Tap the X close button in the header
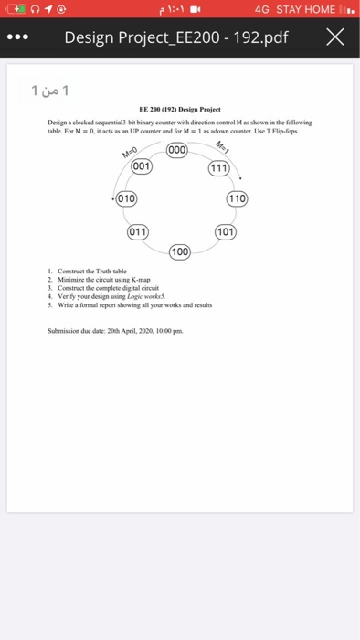tap(335, 37)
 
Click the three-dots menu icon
tap(21, 38)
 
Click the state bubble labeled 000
tap(178, 151)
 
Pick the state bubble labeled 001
tap(142, 167)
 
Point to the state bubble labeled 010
tap(126, 198)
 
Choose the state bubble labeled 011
tap(138, 231)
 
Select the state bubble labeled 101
tap(224, 231)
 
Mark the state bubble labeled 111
tap(219, 168)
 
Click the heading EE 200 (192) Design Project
tap(180, 109)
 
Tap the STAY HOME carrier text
tap(306, 9)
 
